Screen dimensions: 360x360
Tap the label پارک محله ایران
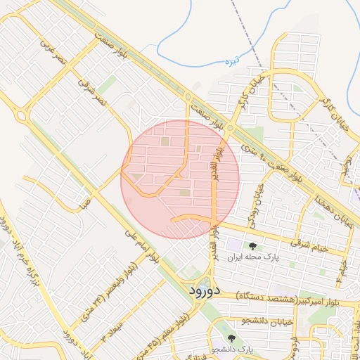click(271, 257)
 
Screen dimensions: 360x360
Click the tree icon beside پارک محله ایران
click(252, 245)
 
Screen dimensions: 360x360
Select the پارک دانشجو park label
click(239, 349)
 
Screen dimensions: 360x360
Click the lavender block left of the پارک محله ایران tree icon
click(233, 246)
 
